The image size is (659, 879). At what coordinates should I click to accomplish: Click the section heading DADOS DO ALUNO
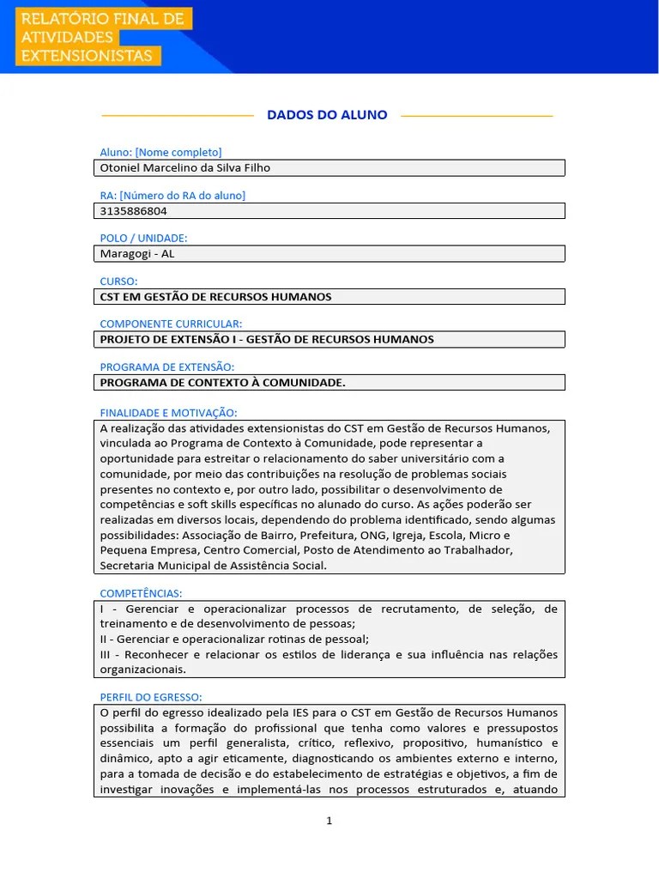[x=327, y=115]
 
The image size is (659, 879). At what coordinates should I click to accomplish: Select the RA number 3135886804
[x=134, y=211]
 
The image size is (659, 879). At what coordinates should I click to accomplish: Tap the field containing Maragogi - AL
[x=329, y=254]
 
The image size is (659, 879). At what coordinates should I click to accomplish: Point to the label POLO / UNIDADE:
[x=143, y=238]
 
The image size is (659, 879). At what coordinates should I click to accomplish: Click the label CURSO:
[x=118, y=281]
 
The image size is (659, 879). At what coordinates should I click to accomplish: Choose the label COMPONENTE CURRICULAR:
[x=171, y=324]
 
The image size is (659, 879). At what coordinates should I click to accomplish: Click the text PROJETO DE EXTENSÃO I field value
[x=267, y=340]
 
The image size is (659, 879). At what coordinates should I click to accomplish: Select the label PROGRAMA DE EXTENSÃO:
[x=166, y=367]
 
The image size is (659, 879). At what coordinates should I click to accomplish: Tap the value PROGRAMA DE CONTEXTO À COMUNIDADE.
[x=222, y=383]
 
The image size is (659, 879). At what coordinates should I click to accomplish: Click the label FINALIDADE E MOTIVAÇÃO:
[x=168, y=413]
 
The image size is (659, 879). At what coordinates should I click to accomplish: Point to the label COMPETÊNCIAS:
[x=141, y=593]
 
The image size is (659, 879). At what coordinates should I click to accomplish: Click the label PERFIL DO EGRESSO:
[x=151, y=696]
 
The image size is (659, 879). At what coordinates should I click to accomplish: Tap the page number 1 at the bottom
[x=329, y=821]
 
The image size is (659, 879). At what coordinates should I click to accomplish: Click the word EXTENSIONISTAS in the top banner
[x=87, y=57]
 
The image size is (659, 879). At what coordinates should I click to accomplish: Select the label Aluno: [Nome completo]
[x=160, y=152]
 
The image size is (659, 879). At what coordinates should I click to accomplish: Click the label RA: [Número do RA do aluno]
[x=172, y=195]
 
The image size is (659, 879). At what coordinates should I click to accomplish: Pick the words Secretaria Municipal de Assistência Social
[x=213, y=566]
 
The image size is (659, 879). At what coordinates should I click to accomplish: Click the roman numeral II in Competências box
[x=105, y=639]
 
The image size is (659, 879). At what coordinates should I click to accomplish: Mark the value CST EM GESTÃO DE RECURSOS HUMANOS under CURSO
[x=215, y=297]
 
